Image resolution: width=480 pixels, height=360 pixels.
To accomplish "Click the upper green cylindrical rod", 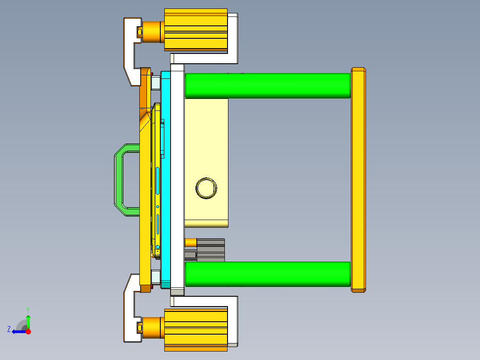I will [267, 86].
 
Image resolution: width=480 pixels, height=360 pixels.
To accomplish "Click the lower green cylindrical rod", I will [267, 274].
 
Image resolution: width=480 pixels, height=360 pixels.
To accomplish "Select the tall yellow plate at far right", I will [358, 180].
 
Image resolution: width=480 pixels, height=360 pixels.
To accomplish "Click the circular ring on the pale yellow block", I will [206, 188].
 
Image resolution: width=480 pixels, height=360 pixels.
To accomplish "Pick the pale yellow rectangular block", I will [206, 134].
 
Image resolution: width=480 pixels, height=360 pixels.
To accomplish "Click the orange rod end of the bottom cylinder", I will [153, 328].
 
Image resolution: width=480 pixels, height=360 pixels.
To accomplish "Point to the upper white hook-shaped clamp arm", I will [130, 49].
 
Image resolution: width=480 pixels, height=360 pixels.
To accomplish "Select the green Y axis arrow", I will [28, 320].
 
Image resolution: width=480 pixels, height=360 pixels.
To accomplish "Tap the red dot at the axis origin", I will [28, 331].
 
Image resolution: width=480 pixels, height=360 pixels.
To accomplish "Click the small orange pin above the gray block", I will [191, 242].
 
